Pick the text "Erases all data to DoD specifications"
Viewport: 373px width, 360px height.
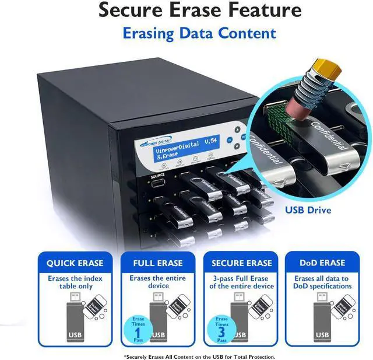click(322, 282)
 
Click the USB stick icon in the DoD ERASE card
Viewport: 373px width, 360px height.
click(322, 321)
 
